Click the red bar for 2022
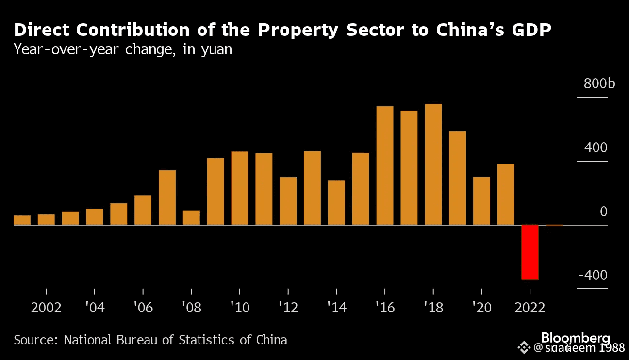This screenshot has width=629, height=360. (x=530, y=252)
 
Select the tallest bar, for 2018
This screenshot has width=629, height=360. (x=433, y=164)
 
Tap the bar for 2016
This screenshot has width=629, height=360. (x=385, y=165)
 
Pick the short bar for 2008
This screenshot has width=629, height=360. (x=191, y=218)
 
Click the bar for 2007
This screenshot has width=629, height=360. (x=167, y=197)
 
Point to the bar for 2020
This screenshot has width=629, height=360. (x=481, y=201)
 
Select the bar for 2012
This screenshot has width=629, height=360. (x=288, y=201)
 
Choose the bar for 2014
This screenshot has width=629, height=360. (x=336, y=203)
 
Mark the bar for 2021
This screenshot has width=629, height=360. (x=506, y=195)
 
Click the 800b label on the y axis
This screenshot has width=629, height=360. (x=599, y=84)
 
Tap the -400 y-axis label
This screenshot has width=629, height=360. (x=593, y=276)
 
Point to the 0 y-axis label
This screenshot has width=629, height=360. (x=603, y=212)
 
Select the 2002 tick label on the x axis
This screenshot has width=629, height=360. (x=46, y=308)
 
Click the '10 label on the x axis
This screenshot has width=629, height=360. (x=239, y=308)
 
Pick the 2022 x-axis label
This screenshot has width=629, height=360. (x=530, y=308)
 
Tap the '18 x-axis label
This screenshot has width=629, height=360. (x=433, y=308)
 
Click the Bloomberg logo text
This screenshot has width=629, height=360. (x=576, y=338)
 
